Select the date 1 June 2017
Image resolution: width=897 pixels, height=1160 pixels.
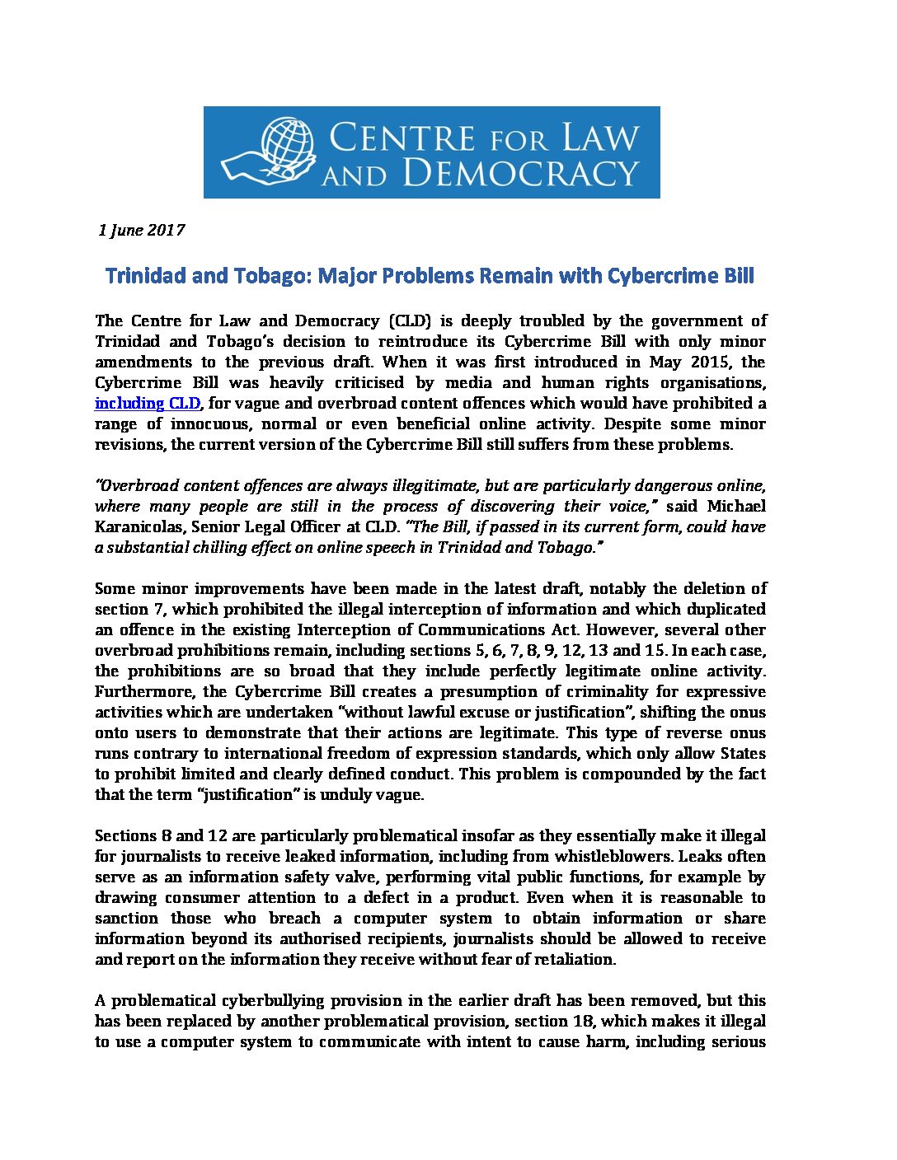pyautogui.click(x=141, y=230)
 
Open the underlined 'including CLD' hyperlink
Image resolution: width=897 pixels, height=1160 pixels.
pyautogui.click(x=148, y=403)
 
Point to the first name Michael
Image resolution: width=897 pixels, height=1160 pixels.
pyautogui.click(x=736, y=506)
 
